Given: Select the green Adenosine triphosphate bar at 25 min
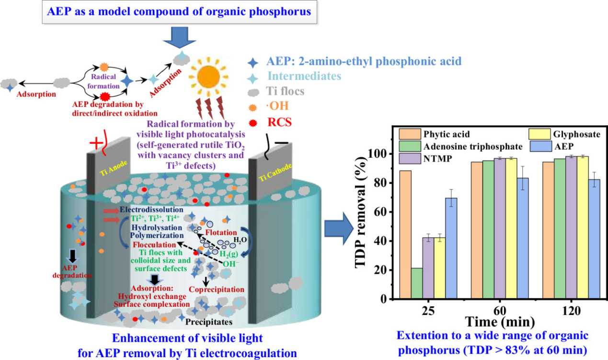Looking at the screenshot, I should (x=417, y=283).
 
